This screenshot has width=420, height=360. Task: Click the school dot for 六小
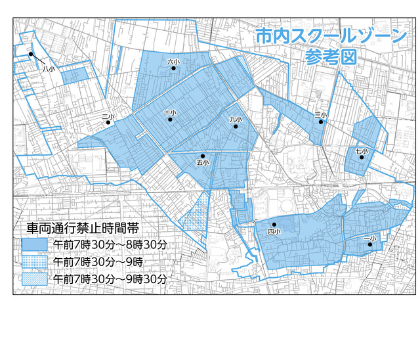[x=174, y=68]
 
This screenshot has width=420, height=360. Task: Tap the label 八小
[x=47, y=68]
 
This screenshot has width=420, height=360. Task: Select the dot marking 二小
[x=108, y=122]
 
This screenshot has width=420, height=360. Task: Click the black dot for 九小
[x=236, y=125]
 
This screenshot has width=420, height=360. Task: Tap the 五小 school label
[x=202, y=162]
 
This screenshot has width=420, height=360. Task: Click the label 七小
[x=362, y=151]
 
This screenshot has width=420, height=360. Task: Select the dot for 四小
[x=274, y=225]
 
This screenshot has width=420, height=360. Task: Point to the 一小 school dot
[x=370, y=244]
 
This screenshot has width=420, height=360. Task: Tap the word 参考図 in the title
[x=330, y=56]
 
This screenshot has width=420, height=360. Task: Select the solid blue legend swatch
[x=35, y=244]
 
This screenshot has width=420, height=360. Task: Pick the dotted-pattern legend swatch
[x=35, y=261]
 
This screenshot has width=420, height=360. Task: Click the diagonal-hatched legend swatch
[x=35, y=279]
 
